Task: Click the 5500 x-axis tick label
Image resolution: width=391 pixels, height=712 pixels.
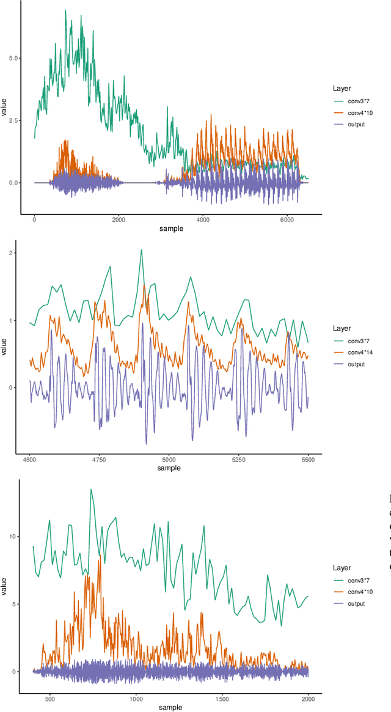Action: (x=308, y=459)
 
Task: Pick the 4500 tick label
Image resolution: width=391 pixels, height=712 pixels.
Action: (x=30, y=459)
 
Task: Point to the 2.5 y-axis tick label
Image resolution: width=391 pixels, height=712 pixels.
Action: (x=12, y=120)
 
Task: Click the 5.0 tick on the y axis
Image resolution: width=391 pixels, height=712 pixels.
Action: (x=12, y=58)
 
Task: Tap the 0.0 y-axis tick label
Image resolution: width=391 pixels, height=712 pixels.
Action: (x=12, y=183)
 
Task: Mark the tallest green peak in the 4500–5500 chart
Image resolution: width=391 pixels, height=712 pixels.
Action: (x=141, y=249)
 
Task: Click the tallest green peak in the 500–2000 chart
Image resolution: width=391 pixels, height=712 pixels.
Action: (x=91, y=489)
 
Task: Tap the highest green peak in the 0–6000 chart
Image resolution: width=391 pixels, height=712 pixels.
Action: (x=65, y=10)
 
